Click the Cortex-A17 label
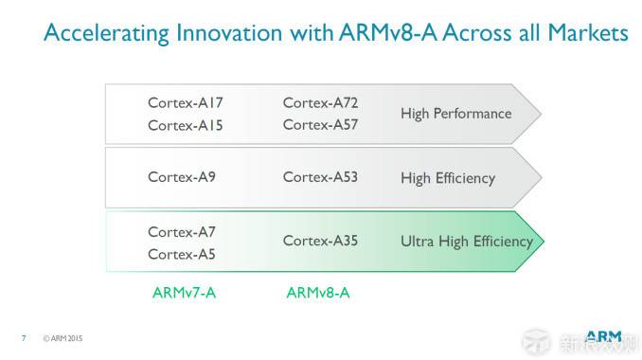point(186,102)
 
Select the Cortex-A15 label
point(186,125)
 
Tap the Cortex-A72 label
point(320,102)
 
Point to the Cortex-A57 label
point(320,125)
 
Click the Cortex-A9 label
point(182,177)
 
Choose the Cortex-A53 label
point(320,177)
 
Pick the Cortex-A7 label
point(182,231)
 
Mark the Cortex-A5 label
point(182,253)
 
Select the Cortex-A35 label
point(320,241)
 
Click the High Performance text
point(455,114)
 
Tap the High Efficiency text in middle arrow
point(448,177)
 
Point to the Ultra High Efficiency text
point(467,241)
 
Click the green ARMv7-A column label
point(184,293)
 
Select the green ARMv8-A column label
point(318,293)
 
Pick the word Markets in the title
point(583,33)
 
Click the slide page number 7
point(23,337)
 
